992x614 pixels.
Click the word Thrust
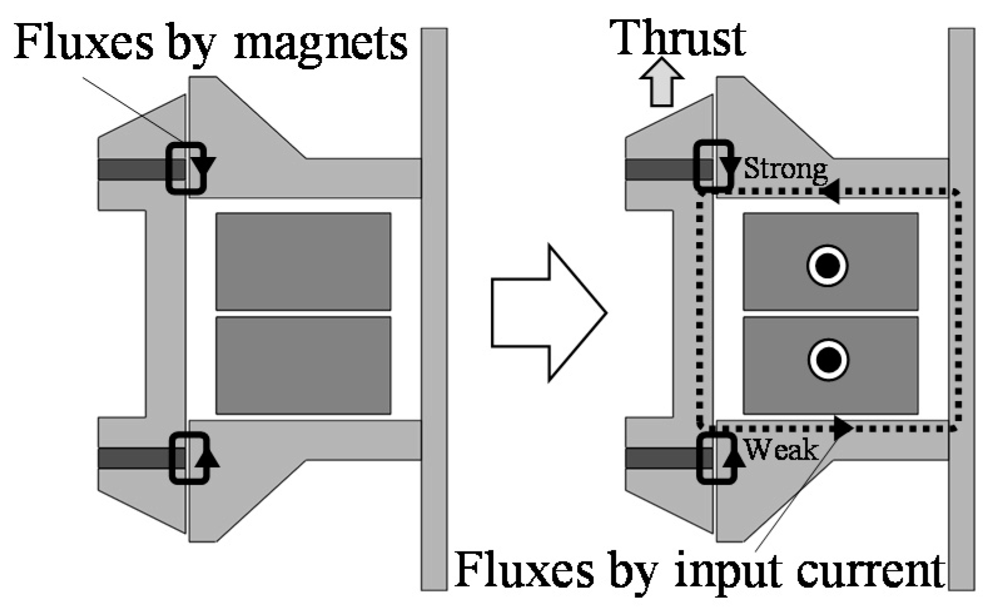click(x=678, y=39)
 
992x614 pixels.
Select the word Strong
click(x=785, y=169)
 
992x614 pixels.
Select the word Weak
click(x=781, y=450)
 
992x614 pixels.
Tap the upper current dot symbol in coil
click(x=827, y=266)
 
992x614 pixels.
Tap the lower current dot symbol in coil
click(x=827, y=360)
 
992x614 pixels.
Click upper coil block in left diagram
click(x=303, y=261)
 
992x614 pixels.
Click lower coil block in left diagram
click(x=303, y=366)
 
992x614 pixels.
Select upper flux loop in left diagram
click(x=186, y=168)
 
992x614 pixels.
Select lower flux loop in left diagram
click(x=189, y=458)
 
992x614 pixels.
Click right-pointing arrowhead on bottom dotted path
click(x=843, y=428)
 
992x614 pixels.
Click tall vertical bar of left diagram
click(x=434, y=309)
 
